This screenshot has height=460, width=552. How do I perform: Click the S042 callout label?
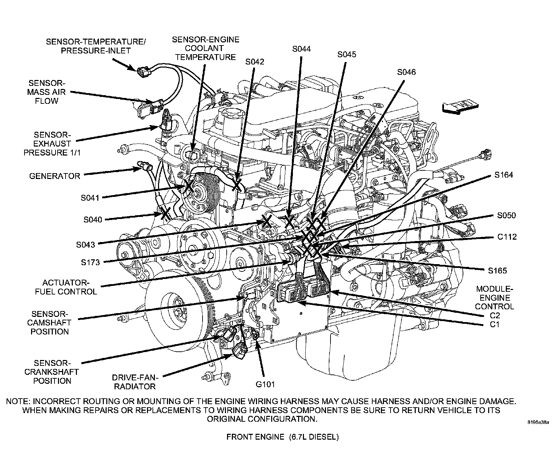pyautogui.click(x=255, y=62)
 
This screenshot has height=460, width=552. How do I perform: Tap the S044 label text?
pyautogui.click(x=301, y=49)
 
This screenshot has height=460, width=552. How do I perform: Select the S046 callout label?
pyautogui.click(x=406, y=72)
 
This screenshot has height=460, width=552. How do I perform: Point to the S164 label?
pyautogui.click(x=503, y=175)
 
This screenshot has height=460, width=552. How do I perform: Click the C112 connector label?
pyautogui.click(x=507, y=237)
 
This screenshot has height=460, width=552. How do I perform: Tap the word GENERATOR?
pyautogui.click(x=55, y=176)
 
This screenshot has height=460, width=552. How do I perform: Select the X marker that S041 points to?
pyautogui.click(x=189, y=186)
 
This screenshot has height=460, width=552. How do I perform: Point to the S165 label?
pyautogui.click(x=497, y=271)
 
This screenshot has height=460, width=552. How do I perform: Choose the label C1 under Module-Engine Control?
pyautogui.click(x=494, y=324)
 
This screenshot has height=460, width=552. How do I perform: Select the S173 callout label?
pyautogui.click(x=90, y=262)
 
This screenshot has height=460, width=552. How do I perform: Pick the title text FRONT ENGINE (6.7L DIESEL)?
pyautogui.click(x=282, y=437)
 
